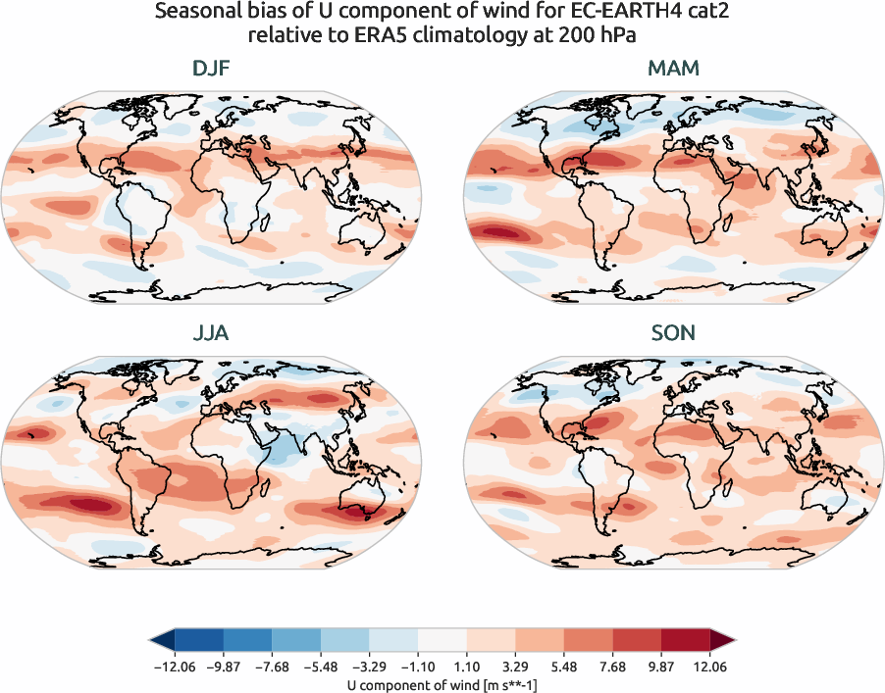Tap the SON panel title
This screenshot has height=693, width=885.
(674, 333)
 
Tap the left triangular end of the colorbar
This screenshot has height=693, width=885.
(161, 641)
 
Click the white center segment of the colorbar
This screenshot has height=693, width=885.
(442, 641)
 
